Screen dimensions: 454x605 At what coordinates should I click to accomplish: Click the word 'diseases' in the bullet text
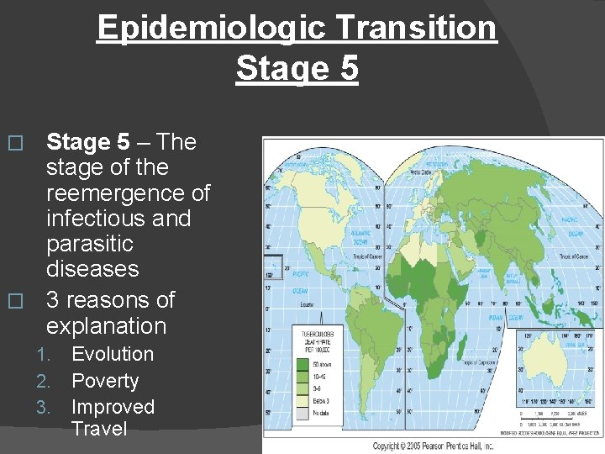(92, 269)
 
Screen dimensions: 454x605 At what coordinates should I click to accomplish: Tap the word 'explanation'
(106, 325)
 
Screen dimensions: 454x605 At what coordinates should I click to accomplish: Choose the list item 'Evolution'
(113, 354)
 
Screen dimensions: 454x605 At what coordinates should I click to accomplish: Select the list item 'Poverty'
(105, 381)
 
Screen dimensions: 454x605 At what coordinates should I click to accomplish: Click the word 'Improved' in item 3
(113, 407)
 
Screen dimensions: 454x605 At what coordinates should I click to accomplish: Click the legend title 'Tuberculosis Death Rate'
(313, 341)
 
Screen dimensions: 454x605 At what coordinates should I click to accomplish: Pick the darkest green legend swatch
(303, 364)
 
